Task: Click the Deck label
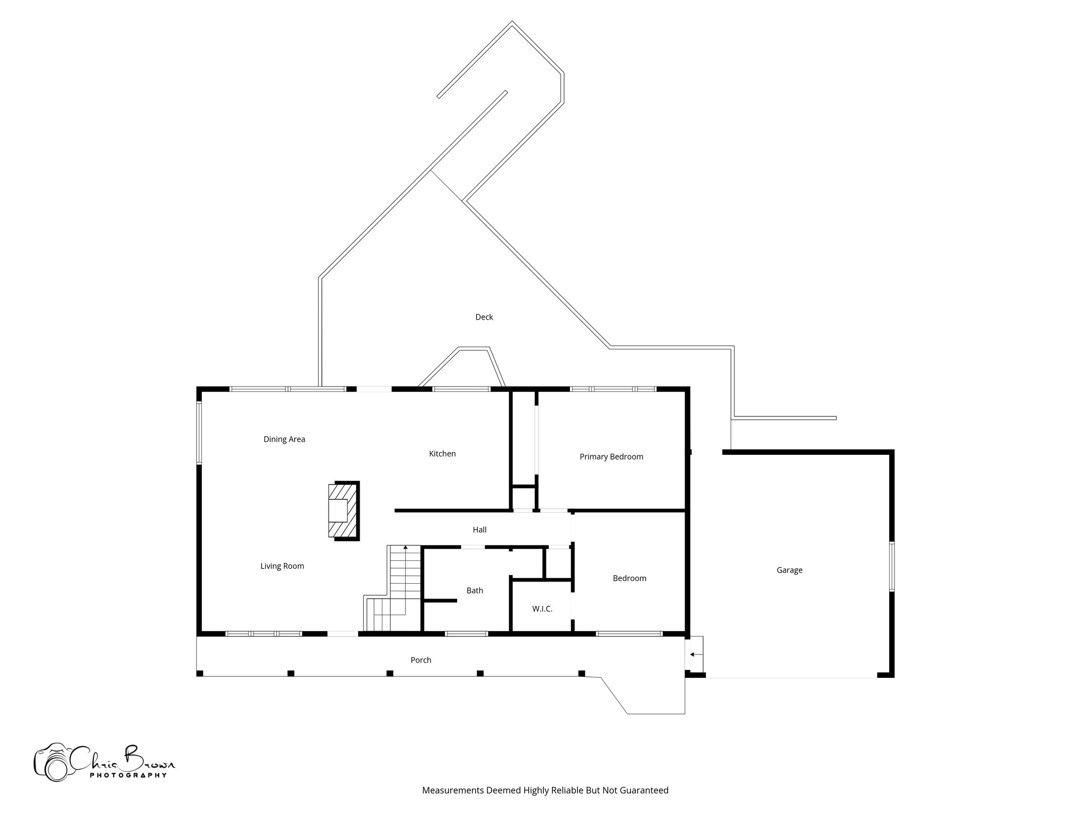click(484, 317)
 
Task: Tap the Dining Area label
click(284, 439)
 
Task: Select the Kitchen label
click(442, 454)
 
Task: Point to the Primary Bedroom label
click(611, 457)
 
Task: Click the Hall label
click(479, 530)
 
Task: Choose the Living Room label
click(282, 566)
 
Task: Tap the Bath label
click(475, 591)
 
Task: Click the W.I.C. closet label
click(542, 609)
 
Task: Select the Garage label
click(789, 570)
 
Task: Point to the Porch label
click(420, 660)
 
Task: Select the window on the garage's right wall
click(891, 566)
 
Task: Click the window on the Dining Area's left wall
click(199, 433)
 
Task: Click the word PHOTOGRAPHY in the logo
click(128, 775)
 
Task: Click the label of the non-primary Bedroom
click(629, 578)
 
